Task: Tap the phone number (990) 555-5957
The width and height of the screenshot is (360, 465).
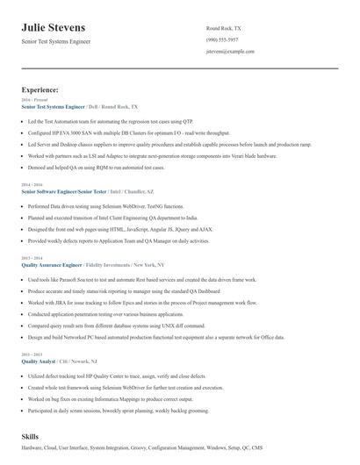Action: tap(224, 40)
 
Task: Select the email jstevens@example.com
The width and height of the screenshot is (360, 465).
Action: tap(230, 52)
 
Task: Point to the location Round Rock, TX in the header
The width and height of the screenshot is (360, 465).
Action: tap(224, 29)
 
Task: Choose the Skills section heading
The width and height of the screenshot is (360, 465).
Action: tap(30, 436)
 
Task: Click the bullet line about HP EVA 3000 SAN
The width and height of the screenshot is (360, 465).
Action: tap(110, 130)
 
